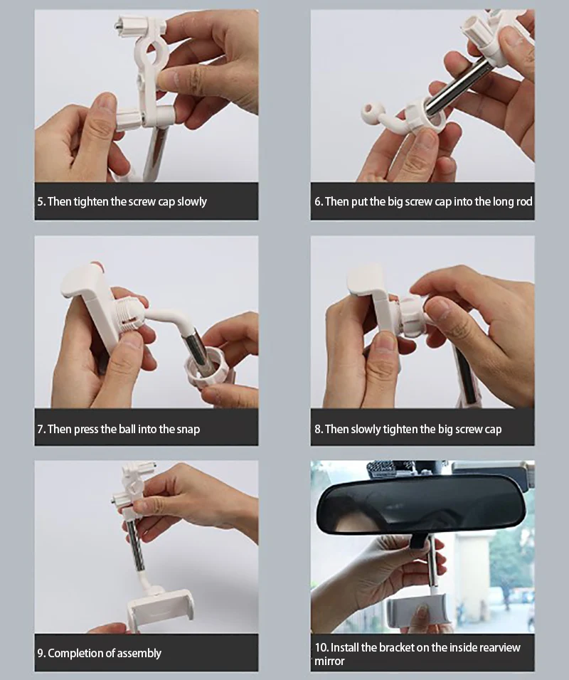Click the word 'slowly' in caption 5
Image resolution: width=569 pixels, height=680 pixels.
pyautogui.click(x=192, y=202)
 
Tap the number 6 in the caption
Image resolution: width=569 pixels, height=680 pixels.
pyautogui.click(x=317, y=202)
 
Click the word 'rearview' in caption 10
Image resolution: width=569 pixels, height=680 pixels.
pyautogui.click(x=500, y=647)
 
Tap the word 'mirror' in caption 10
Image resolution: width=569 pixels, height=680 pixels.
pyautogui.click(x=329, y=662)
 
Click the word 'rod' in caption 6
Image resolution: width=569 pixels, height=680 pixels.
pyautogui.click(x=524, y=202)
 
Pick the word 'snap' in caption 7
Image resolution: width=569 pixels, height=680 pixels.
pyautogui.click(x=188, y=430)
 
